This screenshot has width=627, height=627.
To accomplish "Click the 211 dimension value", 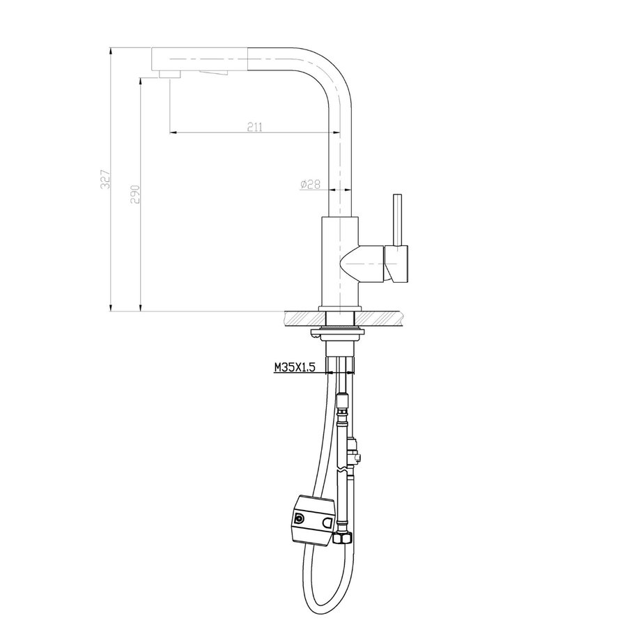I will (x=254, y=126).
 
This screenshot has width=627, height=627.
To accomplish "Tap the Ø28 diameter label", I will (x=309, y=184).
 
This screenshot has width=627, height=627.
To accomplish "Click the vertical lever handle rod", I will (x=399, y=219).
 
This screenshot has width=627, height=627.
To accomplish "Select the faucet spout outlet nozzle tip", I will (x=169, y=74).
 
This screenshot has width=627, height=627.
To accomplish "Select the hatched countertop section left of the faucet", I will (x=301, y=318).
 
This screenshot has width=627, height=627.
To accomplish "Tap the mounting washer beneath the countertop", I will (x=339, y=331).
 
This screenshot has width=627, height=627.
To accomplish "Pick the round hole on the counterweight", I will (x=300, y=520).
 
